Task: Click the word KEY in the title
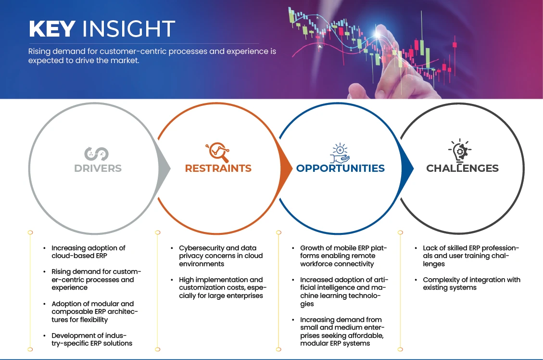(x=52, y=28)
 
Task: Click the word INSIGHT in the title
(x=128, y=28)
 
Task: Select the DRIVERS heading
(x=98, y=168)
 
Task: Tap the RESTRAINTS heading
(x=218, y=168)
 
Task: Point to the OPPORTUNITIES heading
(x=341, y=168)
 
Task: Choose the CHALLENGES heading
(x=462, y=168)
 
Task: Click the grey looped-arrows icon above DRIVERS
(x=97, y=154)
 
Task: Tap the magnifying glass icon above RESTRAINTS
(x=218, y=152)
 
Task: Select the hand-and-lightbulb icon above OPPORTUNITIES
(x=340, y=153)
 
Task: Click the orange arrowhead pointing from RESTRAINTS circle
(x=286, y=169)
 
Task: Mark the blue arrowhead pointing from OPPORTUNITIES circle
(x=407, y=169)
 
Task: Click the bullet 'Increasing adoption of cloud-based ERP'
(x=88, y=252)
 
